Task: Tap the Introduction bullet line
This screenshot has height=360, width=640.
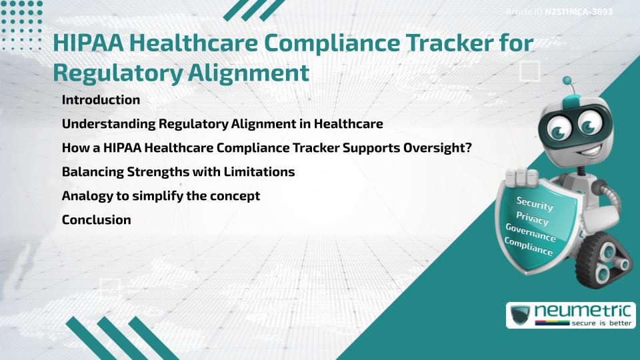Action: (101, 100)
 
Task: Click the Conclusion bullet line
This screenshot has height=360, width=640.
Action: (96, 219)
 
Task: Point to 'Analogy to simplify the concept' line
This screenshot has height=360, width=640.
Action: (161, 196)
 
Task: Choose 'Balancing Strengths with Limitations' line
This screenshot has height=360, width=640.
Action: (178, 172)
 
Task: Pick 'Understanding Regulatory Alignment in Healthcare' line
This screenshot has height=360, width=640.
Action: (222, 124)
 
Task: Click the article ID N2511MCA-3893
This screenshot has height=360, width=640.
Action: (579, 12)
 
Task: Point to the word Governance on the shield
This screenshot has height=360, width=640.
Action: (531, 233)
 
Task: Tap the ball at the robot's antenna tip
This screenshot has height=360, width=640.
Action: (567, 81)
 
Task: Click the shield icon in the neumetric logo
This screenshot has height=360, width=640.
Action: (520, 315)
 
